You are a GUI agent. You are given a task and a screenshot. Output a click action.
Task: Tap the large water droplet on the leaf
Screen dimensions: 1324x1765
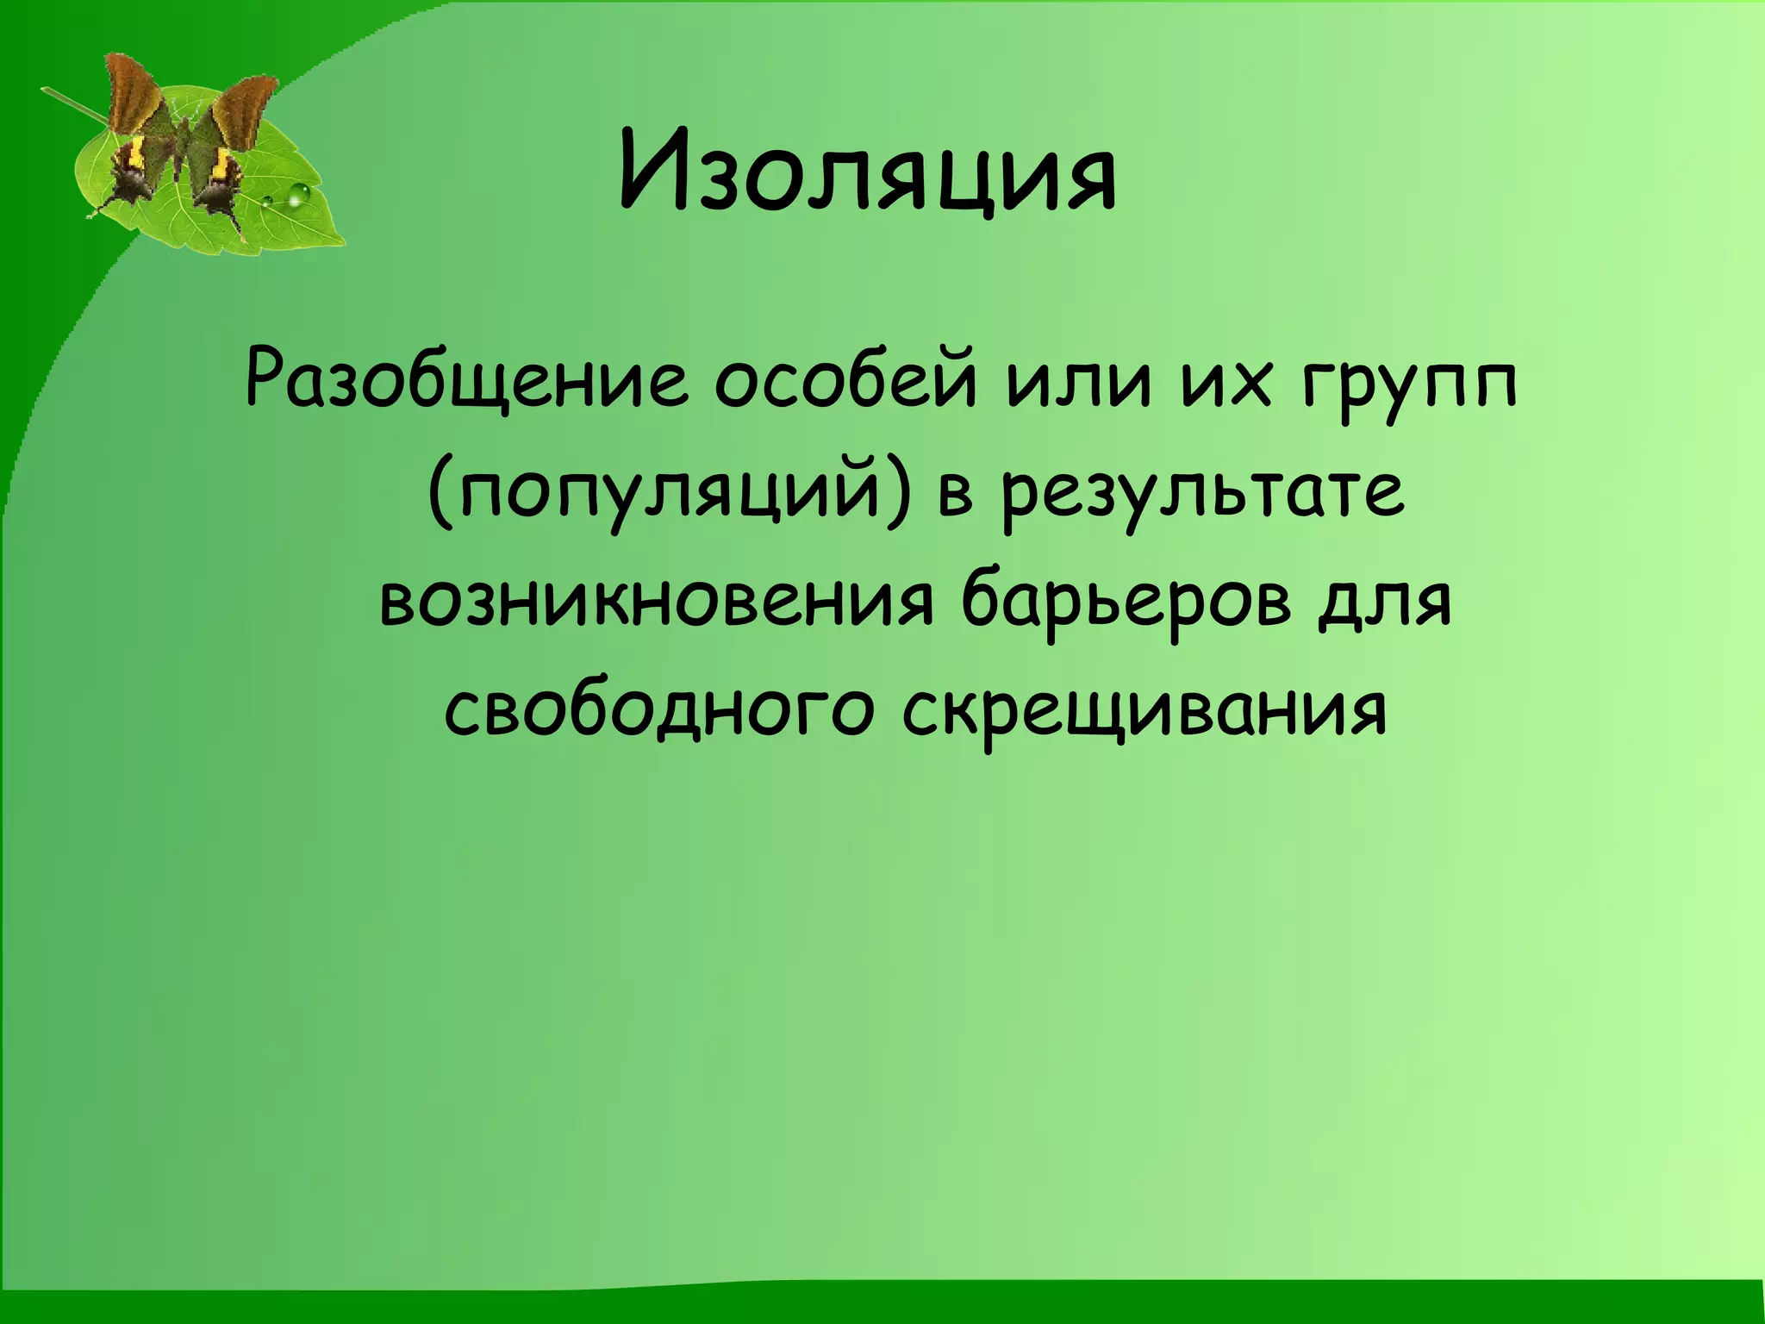pos(298,196)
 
